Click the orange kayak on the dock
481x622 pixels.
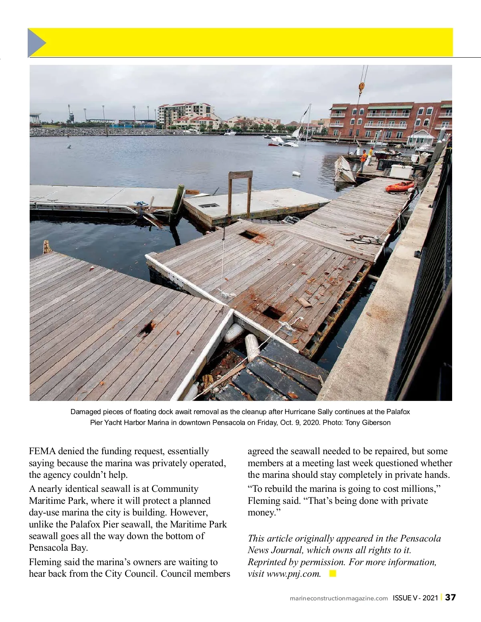click(x=400, y=186)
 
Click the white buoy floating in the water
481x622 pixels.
click(x=296, y=174)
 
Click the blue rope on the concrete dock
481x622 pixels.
click(x=141, y=204)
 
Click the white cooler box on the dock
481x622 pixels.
click(x=401, y=171)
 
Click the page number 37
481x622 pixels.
click(x=451, y=597)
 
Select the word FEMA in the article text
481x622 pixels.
click(x=42, y=451)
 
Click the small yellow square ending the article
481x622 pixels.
click(x=332, y=574)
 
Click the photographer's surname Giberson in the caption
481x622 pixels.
click(x=376, y=423)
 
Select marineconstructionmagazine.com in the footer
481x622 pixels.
click(x=339, y=598)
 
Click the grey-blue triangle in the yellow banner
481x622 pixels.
click(x=36, y=42)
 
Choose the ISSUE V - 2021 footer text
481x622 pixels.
click(x=415, y=598)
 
